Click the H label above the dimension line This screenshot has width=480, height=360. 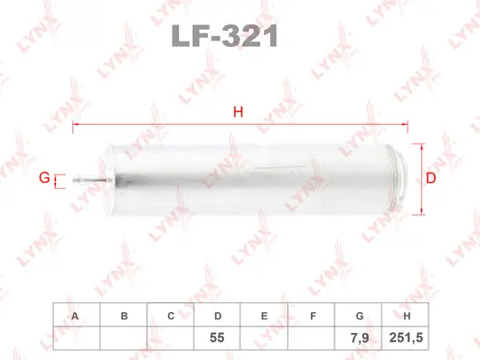(239, 112)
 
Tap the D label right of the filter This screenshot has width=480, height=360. (431, 178)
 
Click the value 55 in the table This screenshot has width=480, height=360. (217, 336)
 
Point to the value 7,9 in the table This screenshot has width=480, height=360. (359, 336)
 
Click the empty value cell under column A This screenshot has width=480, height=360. (75, 336)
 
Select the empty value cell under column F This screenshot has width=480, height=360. (312, 336)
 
